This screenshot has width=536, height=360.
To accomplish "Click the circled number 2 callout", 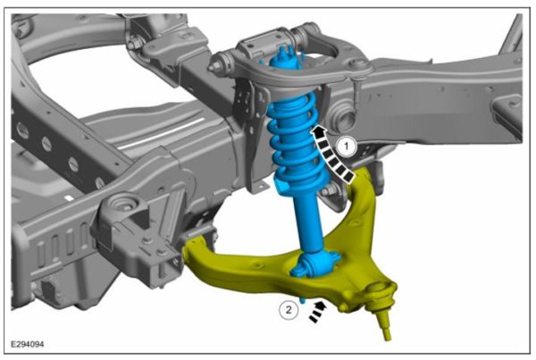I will (x=288, y=310).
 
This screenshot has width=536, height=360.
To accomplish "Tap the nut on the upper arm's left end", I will (x=218, y=66).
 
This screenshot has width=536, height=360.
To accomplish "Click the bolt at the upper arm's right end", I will (x=357, y=64).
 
